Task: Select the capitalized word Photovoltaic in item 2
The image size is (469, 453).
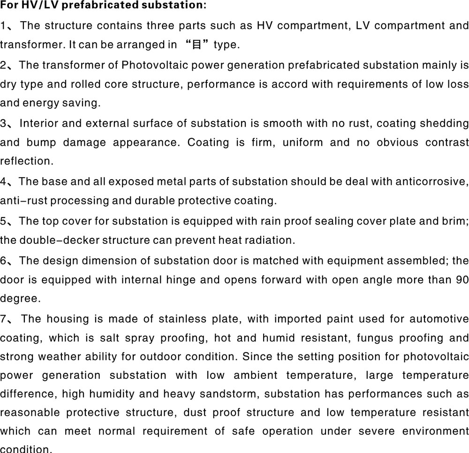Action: (x=149, y=65)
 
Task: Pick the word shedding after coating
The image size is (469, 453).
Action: (x=447, y=123)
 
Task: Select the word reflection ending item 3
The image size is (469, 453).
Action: (x=26, y=161)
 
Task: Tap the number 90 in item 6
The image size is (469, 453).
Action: (x=462, y=279)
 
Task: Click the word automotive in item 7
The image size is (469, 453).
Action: (x=439, y=319)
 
